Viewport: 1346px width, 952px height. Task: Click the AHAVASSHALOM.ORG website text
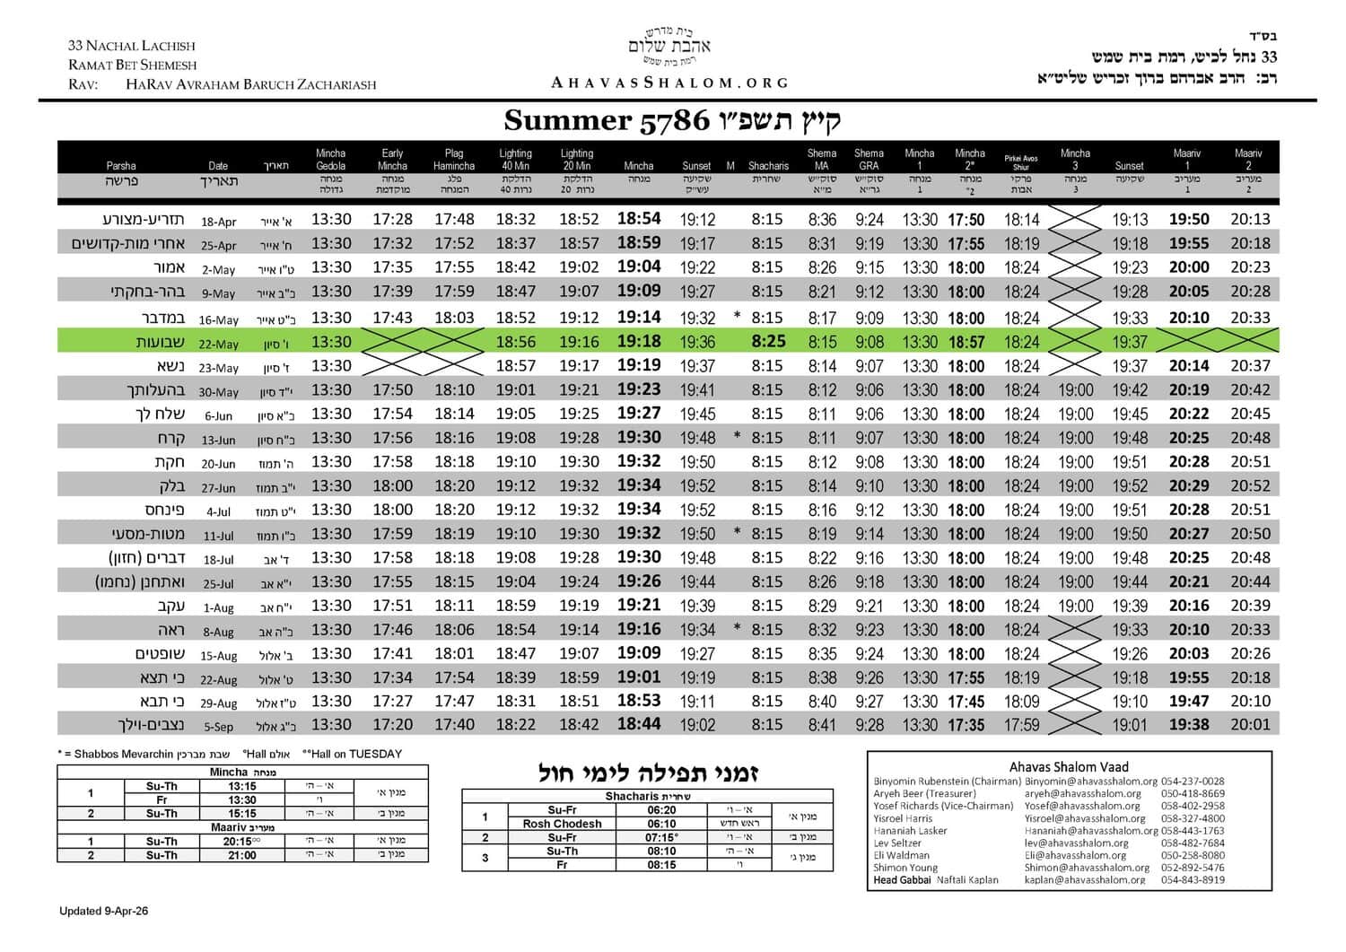pyautogui.click(x=669, y=83)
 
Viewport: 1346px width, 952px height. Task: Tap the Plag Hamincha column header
pyautogui.click(x=453, y=160)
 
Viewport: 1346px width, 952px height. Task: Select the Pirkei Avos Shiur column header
pyautogui.click(x=1021, y=162)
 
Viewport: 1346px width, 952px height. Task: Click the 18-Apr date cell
pyautogui.click(x=219, y=222)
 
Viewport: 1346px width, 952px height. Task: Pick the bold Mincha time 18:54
pyautogui.click(x=639, y=218)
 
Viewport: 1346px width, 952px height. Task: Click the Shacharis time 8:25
pyautogui.click(x=768, y=341)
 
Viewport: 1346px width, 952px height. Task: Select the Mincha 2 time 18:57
pyautogui.click(x=966, y=342)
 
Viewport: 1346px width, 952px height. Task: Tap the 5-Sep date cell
pyautogui.click(x=219, y=727)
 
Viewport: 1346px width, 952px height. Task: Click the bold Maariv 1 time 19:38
pyautogui.click(x=1189, y=724)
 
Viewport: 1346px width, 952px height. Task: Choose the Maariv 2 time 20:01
pyautogui.click(x=1250, y=724)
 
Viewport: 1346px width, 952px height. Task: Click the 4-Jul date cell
pyautogui.click(x=219, y=511)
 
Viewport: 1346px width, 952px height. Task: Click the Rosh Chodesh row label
pyautogui.click(x=562, y=824)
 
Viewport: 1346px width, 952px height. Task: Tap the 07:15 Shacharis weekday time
pyautogui.click(x=663, y=837)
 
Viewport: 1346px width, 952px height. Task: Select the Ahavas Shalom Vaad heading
pyautogui.click(x=1069, y=766)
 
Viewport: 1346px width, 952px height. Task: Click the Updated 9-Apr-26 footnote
pyautogui.click(x=103, y=911)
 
